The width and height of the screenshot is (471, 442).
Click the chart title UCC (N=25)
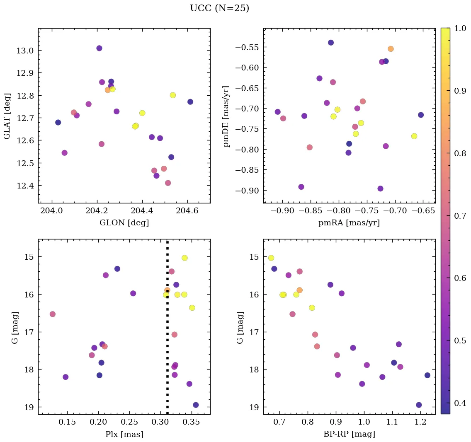[219, 8]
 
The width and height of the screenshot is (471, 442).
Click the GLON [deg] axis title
[124, 223]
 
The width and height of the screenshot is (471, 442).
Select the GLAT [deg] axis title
[7, 116]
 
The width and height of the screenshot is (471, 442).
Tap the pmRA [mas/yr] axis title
[349, 223]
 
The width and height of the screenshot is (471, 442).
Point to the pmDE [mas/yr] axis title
[226, 116]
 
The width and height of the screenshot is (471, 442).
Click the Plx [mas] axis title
[124, 434]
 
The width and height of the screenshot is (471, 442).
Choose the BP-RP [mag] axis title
[349, 434]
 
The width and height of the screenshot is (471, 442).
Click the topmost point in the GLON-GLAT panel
[99, 48]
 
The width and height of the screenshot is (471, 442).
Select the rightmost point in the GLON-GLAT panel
[190, 102]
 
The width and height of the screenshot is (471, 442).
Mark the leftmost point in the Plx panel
[52, 314]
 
